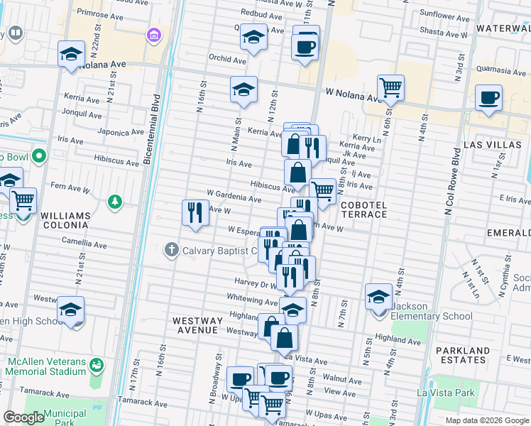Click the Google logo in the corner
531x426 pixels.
pyautogui.click(x=23, y=417)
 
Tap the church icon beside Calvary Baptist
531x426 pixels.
pyautogui.click(x=170, y=250)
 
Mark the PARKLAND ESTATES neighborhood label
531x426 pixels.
pyautogui.click(x=463, y=356)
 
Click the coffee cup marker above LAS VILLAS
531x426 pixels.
pyautogui.click(x=488, y=97)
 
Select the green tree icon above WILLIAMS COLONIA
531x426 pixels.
pyautogui.click(x=114, y=203)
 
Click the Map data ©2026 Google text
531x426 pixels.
pyautogui.click(x=486, y=420)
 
